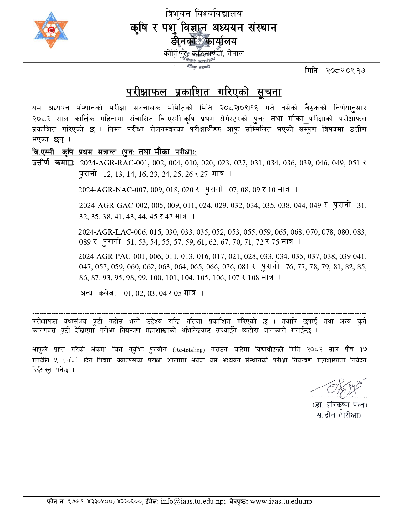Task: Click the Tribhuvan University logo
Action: click(51, 30)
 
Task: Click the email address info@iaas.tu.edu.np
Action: click(193, 501)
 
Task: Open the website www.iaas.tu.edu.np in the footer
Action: click(281, 501)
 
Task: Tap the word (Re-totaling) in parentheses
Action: click(189, 350)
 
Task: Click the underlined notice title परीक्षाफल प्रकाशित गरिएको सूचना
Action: click(204, 92)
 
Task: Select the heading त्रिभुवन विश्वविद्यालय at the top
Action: click(204, 14)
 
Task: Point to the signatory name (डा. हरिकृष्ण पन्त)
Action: click(340, 405)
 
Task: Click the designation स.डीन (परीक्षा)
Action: click(339, 416)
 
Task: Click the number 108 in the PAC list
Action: click(253, 278)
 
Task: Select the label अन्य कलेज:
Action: click(98, 293)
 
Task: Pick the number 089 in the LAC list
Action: click(85, 242)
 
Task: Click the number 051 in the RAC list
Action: click(354, 163)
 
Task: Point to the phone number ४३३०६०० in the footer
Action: click(131, 502)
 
